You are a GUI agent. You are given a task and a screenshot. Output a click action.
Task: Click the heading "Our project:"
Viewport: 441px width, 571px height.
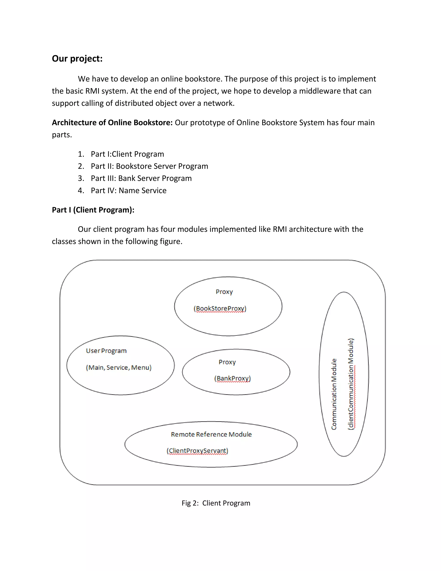click(x=77, y=59)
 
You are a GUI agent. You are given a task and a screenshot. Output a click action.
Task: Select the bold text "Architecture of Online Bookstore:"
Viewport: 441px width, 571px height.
click(x=112, y=122)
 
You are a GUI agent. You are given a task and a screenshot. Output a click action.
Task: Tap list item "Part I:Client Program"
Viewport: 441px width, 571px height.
click(x=127, y=154)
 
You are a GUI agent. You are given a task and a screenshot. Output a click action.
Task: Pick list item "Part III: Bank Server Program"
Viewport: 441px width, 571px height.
click(x=141, y=178)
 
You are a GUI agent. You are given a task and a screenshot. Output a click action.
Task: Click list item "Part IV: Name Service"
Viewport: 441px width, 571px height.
click(x=129, y=190)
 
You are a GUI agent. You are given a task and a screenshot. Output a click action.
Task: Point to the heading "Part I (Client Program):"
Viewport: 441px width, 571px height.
click(x=93, y=210)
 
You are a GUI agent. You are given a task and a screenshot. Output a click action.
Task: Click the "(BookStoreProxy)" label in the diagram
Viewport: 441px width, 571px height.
click(x=220, y=309)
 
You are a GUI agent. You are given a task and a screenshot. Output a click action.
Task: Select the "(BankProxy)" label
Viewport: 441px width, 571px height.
click(x=232, y=378)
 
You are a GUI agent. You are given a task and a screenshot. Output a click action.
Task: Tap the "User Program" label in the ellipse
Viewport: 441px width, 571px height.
click(x=106, y=351)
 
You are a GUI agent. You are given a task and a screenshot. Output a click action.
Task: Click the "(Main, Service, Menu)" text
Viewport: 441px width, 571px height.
click(x=119, y=367)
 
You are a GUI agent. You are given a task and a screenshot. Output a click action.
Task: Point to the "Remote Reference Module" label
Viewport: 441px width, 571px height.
click(x=211, y=434)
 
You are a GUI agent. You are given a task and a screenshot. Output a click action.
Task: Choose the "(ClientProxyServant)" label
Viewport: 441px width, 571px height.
click(x=197, y=451)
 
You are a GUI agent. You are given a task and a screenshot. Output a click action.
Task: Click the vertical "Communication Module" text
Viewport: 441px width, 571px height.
click(x=334, y=394)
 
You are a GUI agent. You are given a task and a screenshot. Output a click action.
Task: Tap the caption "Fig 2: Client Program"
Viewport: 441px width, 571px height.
click(x=216, y=503)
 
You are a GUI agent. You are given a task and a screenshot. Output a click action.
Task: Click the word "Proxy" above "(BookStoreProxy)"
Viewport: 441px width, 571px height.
click(x=224, y=292)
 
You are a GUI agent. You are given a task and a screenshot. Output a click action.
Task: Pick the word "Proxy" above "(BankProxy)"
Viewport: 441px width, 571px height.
click(x=227, y=362)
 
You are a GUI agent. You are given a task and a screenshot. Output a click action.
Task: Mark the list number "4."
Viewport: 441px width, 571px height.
click(x=81, y=190)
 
